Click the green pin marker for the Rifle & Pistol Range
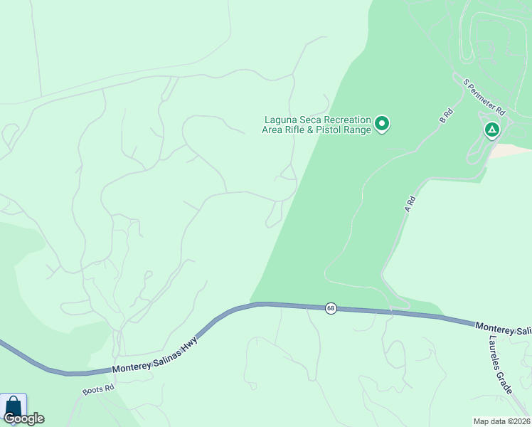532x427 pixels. click(382, 125)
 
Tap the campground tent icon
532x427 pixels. click(491, 130)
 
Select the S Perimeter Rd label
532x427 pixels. click(484, 97)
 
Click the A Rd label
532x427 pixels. click(409, 205)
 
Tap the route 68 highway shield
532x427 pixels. click(331, 308)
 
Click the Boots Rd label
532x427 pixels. click(98, 390)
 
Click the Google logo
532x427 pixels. click(23, 418)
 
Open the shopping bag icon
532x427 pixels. click(13, 406)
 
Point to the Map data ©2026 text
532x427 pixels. click(501, 421)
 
